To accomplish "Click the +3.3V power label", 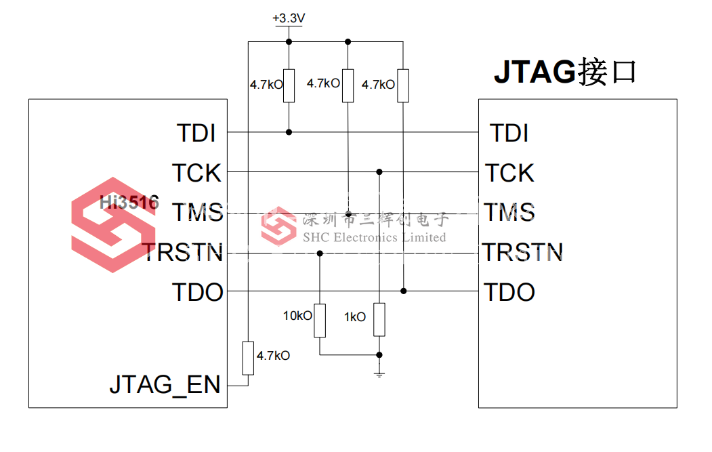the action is [x=289, y=18].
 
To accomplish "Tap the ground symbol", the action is [x=379, y=374].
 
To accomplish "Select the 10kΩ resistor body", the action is [x=320, y=321].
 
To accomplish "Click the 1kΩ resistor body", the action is [x=379, y=320].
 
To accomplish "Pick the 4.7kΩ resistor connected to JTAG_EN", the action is [x=248, y=358].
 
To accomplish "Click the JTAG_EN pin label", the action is [x=165, y=385].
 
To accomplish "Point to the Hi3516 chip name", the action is [x=129, y=202].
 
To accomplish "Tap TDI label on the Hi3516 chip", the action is [x=196, y=133].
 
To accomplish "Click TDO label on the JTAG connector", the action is [x=509, y=292].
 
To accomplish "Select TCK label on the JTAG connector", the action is [x=510, y=173].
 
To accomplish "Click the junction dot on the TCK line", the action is [x=379, y=171].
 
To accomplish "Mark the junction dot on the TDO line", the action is [x=403, y=291].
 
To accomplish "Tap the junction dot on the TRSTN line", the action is [x=320, y=253].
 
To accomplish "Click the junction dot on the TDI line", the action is [x=289, y=132].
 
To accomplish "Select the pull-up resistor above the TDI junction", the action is [x=289, y=86].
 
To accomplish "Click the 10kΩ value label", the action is [x=297, y=316].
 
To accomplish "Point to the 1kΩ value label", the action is [x=354, y=317].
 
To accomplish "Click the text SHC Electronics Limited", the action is [x=375, y=238].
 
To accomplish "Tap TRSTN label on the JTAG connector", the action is [x=522, y=253].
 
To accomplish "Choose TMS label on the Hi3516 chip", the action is [x=198, y=213].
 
